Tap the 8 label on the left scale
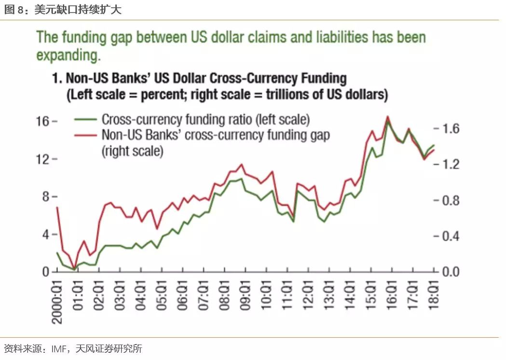pyautogui.click(x=47, y=196)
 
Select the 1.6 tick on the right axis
pyautogui.click(x=449, y=129)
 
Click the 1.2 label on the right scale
pyautogui.click(x=449, y=165)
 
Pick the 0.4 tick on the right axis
pyautogui.click(x=449, y=236)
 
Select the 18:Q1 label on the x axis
pyautogui.click(x=434, y=296)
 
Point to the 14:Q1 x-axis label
pyautogui.click(x=351, y=296)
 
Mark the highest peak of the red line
pyautogui.click(x=387, y=116)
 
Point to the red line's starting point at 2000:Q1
pyautogui.click(x=57, y=208)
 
